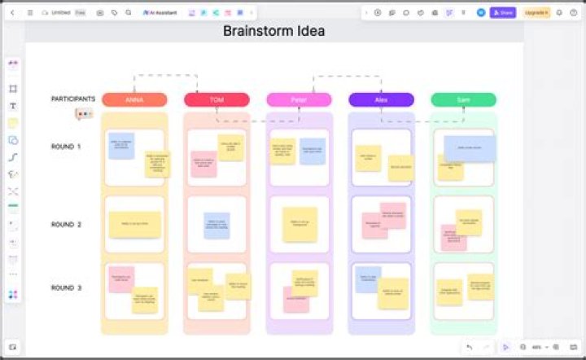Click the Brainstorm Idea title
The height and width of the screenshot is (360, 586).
click(x=274, y=31)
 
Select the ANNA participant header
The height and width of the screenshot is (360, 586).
click(x=134, y=99)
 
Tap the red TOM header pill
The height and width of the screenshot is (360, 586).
click(x=216, y=99)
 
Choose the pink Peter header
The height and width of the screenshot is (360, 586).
click(x=299, y=99)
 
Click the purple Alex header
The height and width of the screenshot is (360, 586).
click(x=381, y=99)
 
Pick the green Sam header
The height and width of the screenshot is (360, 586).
click(x=463, y=99)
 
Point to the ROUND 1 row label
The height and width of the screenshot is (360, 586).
click(x=66, y=147)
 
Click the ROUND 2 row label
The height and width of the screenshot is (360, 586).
click(x=66, y=224)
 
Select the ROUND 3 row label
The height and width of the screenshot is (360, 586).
click(x=66, y=288)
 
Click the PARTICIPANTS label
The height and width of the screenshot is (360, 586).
click(x=73, y=99)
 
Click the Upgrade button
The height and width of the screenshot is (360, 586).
click(x=536, y=13)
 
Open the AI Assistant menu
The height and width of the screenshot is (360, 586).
click(x=160, y=13)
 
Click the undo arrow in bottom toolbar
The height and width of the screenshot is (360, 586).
click(x=470, y=347)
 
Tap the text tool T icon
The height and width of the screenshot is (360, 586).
click(x=13, y=106)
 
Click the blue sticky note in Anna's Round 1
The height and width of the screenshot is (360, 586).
click(x=121, y=146)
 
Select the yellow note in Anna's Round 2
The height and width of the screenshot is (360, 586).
click(x=134, y=224)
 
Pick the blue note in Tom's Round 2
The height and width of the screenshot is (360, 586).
click(x=216, y=225)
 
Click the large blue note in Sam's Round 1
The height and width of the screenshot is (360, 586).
click(x=470, y=148)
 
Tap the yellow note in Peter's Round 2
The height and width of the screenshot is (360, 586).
click(x=300, y=224)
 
